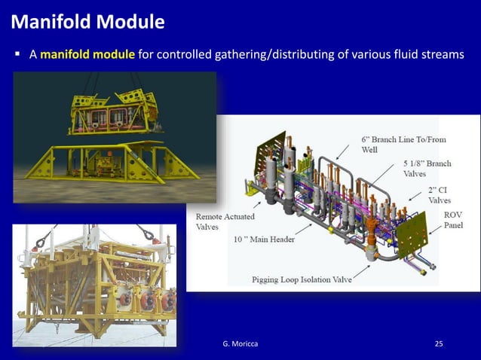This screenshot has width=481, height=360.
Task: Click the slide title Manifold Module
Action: point(87,22)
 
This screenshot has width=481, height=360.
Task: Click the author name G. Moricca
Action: point(240,344)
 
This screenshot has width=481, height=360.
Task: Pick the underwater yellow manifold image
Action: point(115,137)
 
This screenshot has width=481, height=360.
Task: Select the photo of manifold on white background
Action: point(94,285)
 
